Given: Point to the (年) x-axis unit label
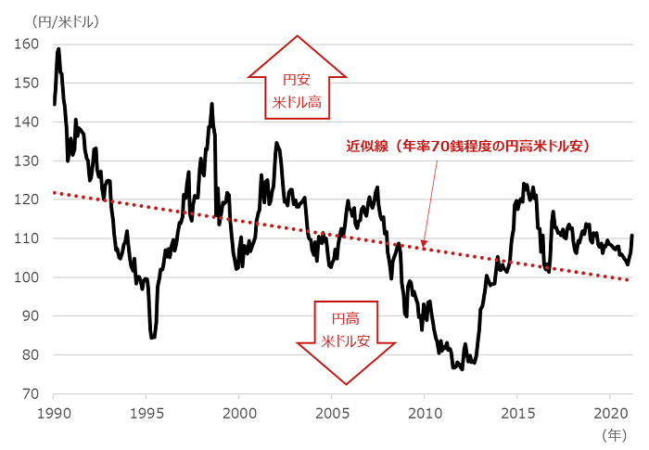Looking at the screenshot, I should click(614, 432).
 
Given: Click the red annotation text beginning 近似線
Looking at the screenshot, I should click(468, 146).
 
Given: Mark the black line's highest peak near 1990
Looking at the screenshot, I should click(58, 48).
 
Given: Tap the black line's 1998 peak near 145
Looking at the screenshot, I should click(212, 103).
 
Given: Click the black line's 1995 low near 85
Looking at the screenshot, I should click(152, 338).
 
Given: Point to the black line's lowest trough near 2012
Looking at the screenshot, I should click(461, 369).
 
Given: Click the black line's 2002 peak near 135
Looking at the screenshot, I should click(276, 143).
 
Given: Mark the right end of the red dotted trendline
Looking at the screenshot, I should click(630, 279).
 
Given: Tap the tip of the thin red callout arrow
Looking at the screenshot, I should click(424, 248).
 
